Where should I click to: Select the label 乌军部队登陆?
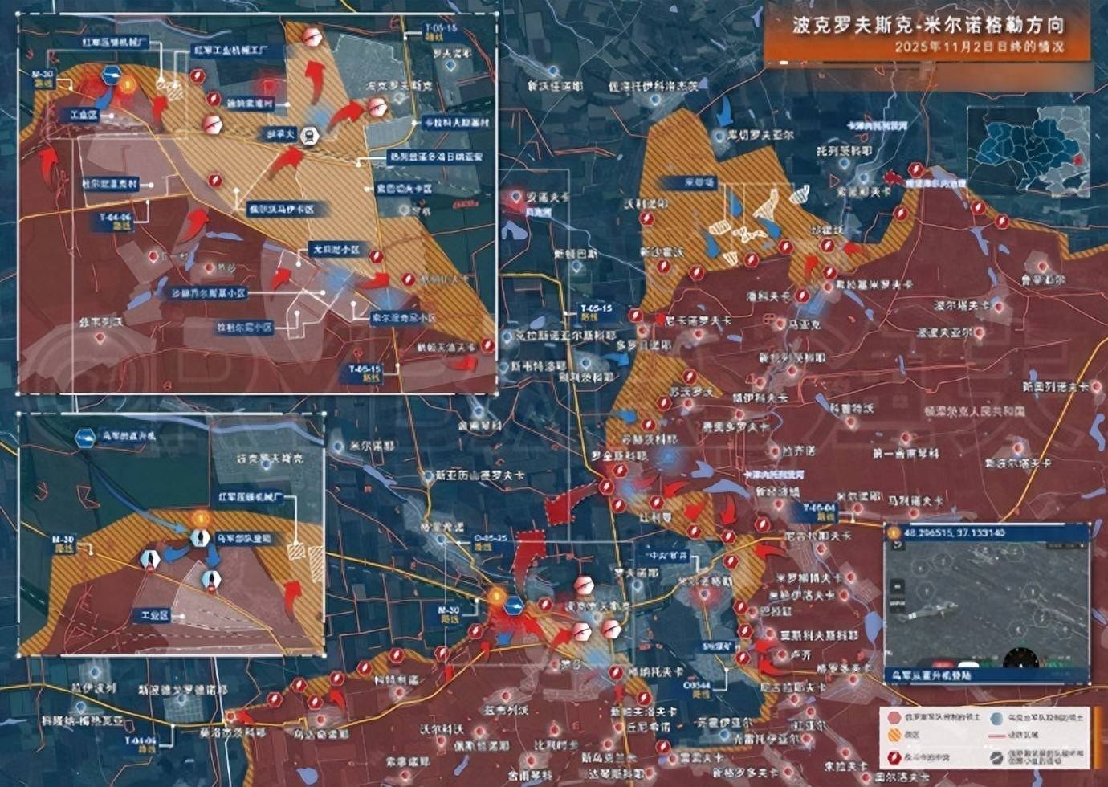pos(244,539)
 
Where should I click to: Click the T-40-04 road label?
pos(820,512)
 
